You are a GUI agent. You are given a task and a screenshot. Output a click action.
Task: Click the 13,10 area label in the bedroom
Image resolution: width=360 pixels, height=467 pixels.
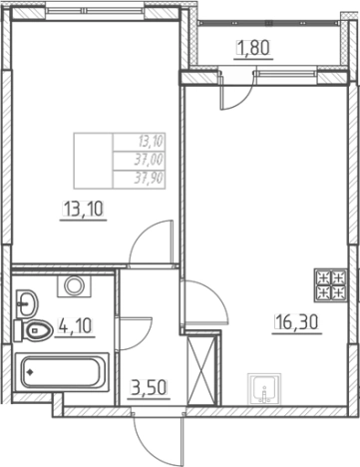[x=83, y=210]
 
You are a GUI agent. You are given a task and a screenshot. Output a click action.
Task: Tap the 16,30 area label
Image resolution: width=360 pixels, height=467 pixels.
[x=297, y=322]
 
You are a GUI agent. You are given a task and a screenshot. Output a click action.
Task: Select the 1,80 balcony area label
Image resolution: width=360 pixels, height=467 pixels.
[x=253, y=48]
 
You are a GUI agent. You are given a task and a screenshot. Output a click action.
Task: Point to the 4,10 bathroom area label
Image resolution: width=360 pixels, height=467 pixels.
[x=75, y=325]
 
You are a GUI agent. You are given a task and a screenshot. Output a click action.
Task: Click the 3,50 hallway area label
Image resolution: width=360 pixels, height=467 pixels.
[x=150, y=388]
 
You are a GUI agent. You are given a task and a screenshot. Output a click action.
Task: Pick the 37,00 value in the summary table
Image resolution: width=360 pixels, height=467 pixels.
[x=149, y=161]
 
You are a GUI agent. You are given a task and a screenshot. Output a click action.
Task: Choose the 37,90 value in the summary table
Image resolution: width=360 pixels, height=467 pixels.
[x=149, y=179]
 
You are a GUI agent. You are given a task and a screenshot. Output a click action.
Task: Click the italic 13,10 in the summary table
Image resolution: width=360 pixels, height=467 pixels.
[x=152, y=142]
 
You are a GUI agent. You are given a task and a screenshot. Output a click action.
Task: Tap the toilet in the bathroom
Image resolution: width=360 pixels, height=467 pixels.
[x=33, y=330]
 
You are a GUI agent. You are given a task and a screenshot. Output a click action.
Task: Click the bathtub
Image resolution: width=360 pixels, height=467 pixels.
[x=62, y=372]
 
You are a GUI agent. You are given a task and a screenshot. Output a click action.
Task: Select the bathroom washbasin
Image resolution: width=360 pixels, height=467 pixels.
[x=27, y=302]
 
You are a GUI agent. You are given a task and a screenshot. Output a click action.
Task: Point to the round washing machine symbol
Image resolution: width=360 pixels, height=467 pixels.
[x=74, y=286]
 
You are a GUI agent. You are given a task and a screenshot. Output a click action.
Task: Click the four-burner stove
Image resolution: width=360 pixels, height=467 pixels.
[x=331, y=285]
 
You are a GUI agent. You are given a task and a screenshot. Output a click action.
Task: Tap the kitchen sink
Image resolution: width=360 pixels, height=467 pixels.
[x=264, y=389]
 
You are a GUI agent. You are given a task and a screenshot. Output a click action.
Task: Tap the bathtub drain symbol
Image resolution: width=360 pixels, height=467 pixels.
[x=30, y=372]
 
